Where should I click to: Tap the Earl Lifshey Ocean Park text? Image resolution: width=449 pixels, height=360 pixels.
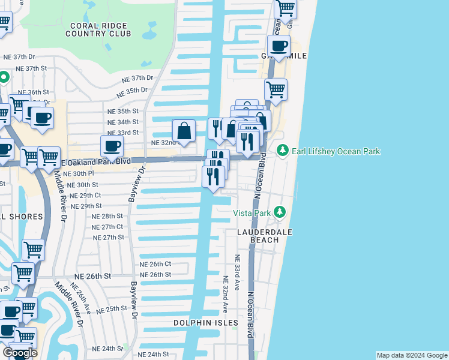[336, 152]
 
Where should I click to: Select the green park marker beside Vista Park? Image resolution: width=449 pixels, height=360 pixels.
[279, 212]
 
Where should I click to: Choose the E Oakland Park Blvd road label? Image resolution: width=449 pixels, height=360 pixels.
[90, 161]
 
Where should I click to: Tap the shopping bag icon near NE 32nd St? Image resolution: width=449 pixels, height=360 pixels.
[184, 131]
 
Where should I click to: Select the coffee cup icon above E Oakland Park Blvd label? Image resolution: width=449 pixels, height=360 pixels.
[111, 146]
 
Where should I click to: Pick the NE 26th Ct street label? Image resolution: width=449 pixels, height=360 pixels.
[155, 264]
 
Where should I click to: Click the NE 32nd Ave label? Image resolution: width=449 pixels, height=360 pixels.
[225, 295]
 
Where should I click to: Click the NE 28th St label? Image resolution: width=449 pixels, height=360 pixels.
[107, 216]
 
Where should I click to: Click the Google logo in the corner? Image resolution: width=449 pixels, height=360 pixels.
[20, 353]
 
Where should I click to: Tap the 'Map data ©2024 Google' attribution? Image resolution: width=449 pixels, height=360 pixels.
[411, 355]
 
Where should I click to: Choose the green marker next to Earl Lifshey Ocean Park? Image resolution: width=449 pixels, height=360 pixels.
[282, 151]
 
